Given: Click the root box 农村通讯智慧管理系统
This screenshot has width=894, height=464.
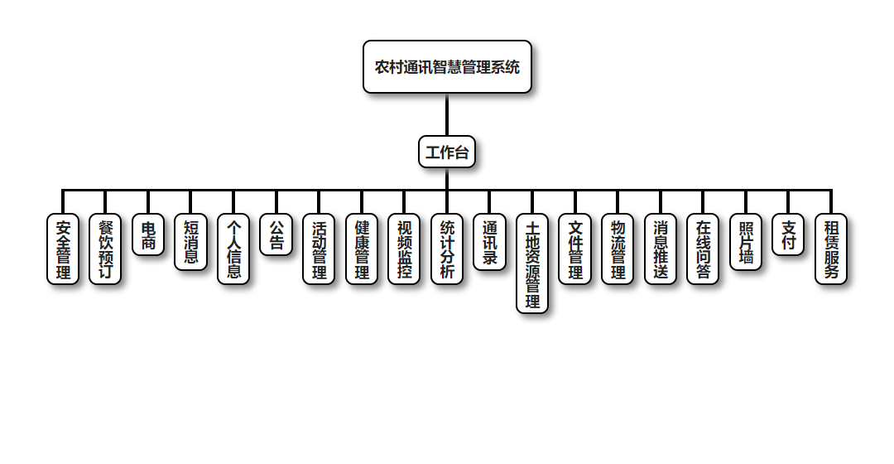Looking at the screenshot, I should (447, 67).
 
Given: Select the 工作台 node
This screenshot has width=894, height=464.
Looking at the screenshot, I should (447, 152).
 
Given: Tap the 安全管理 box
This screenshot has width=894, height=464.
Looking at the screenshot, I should (63, 249).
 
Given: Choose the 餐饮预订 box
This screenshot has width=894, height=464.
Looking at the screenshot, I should (105, 249).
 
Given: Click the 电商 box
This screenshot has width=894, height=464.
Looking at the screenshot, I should (148, 235).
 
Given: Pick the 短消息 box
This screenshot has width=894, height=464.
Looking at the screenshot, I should (190, 242).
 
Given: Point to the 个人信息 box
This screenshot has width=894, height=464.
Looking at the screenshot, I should (233, 249).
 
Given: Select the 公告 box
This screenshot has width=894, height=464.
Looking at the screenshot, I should (276, 235).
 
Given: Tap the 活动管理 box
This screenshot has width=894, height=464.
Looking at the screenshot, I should (319, 249).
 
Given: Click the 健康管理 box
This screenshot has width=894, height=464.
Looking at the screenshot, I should (362, 249).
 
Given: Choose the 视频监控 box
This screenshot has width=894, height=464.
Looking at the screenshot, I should (404, 249).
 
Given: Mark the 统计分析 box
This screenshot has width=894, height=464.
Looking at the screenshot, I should (447, 249).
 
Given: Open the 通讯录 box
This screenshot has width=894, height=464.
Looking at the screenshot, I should (489, 242).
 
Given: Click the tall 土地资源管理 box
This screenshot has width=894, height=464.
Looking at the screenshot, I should (532, 263).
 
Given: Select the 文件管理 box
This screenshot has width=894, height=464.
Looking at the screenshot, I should (575, 249).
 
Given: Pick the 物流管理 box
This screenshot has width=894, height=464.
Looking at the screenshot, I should (618, 249).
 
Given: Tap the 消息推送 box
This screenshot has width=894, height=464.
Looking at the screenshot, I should (661, 249).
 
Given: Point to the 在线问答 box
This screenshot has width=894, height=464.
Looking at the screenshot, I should (703, 249).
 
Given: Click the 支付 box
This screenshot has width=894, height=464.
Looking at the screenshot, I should (788, 235).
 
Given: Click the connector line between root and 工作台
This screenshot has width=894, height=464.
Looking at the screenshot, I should (447, 114).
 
